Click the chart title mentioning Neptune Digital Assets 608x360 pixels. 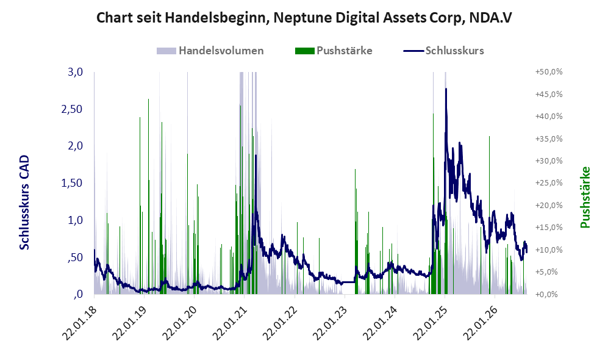(x=304, y=18)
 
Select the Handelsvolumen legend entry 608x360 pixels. (x=210, y=51)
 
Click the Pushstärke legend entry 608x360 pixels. (x=334, y=51)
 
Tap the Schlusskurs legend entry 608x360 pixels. (x=443, y=51)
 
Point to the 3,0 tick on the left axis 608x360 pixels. (x=76, y=72)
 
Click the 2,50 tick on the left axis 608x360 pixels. (x=72, y=109)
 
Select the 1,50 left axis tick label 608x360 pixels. (x=72, y=183)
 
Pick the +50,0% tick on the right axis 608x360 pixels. (x=549, y=72)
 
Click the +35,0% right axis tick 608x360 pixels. (x=549, y=139)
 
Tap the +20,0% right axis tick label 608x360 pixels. (x=549, y=205)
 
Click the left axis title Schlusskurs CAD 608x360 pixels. (x=24, y=203)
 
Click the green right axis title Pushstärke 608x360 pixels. (x=585, y=198)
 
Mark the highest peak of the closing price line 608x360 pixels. (x=446, y=89)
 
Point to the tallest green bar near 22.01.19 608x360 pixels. (x=149, y=196)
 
